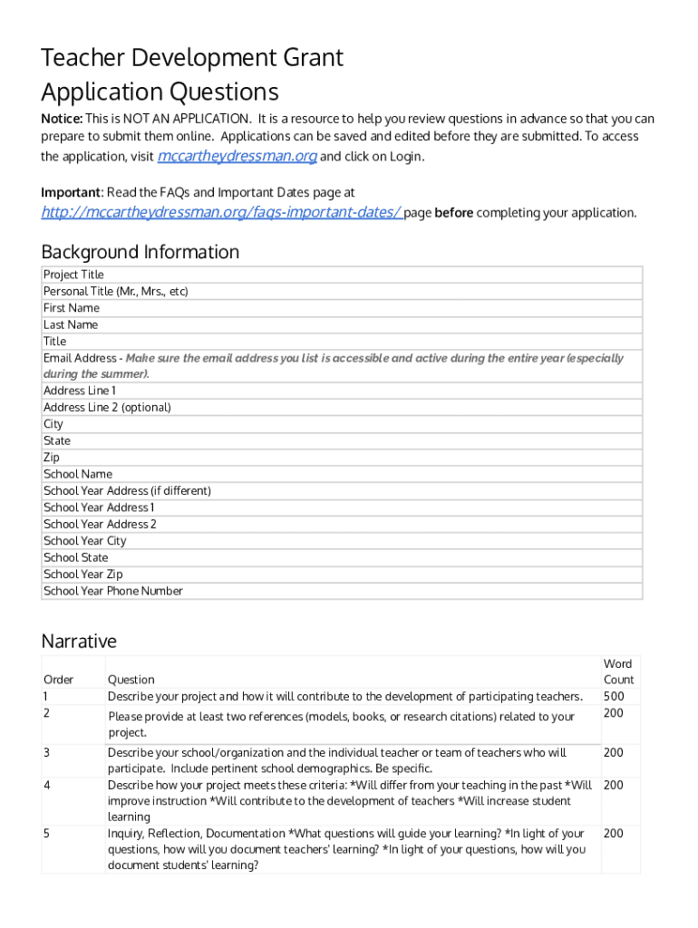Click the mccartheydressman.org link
(x=237, y=156)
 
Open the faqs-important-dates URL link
(x=221, y=212)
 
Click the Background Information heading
(x=141, y=252)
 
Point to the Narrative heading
(x=79, y=642)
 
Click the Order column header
(x=58, y=680)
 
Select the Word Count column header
(x=618, y=672)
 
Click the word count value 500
(x=614, y=697)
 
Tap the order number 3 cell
(x=47, y=752)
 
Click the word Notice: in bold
(x=62, y=119)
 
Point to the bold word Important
(x=71, y=192)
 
